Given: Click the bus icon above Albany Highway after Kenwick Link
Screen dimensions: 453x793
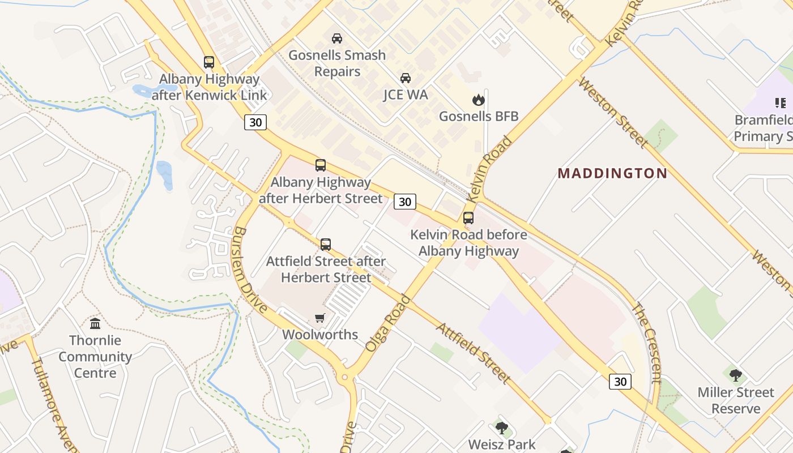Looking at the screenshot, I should point(209,62).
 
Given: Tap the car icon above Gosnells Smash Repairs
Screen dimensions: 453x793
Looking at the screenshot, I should point(337,39).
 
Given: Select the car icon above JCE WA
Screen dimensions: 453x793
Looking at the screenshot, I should point(406,78).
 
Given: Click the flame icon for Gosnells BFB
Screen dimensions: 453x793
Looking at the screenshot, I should point(479,100).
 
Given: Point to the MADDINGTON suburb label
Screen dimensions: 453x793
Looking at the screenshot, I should point(612,173).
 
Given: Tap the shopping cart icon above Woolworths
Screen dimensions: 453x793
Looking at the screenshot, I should point(320,318).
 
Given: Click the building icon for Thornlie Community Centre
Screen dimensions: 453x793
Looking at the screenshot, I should point(95,323).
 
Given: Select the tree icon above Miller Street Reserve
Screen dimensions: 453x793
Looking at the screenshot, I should point(736,375).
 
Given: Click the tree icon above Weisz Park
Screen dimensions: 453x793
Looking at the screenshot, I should point(501,428).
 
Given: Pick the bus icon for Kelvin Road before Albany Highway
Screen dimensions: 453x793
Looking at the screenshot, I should point(468,218).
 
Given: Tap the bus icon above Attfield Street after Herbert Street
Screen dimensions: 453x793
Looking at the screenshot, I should point(326,245).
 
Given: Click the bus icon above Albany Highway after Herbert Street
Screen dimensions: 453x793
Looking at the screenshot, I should point(321,165).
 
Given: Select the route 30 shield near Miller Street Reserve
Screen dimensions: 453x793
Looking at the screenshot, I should point(620,382).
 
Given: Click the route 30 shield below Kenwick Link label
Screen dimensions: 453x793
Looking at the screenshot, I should point(255,122).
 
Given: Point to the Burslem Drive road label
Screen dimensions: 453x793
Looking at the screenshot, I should point(249,270).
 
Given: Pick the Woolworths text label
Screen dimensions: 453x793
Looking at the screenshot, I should point(320,335).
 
